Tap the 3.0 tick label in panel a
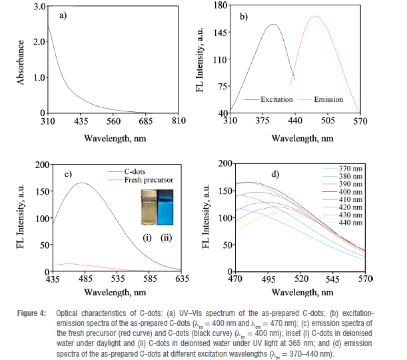(39, 6)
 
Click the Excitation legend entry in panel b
(276, 99)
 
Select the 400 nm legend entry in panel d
(350, 192)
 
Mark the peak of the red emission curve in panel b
(315, 16)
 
